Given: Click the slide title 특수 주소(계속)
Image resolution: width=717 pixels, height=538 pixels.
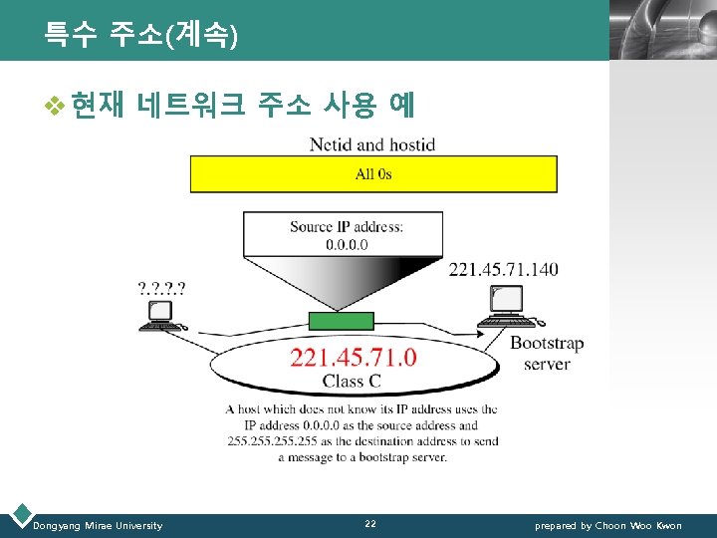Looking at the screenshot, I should click(x=140, y=36).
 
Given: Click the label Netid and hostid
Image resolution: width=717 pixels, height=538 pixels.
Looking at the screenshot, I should click(x=372, y=144).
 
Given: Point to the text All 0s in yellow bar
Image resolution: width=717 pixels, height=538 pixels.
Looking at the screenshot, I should click(x=373, y=173).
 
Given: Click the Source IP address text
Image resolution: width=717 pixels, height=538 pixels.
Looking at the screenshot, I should click(x=347, y=226).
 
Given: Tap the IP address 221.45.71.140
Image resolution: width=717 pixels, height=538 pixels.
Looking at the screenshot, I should click(x=503, y=269).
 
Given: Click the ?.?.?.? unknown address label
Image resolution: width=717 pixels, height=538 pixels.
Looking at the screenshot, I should click(x=161, y=289).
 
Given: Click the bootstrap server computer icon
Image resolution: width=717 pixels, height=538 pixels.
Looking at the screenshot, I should click(x=507, y=306).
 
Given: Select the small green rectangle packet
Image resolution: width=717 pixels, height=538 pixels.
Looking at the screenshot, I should click(x=341, y=321).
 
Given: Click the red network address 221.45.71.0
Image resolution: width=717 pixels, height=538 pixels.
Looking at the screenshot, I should click(x=354, y=358).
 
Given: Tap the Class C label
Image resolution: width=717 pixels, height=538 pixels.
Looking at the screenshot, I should click(x=351, y=381).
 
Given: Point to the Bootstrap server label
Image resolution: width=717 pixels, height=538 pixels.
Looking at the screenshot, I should click(x=546, y=354).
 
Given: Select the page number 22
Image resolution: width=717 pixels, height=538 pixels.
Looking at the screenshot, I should click(x=370, y=524).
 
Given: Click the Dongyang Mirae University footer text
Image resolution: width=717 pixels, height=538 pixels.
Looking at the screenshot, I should click(x=98, y=525).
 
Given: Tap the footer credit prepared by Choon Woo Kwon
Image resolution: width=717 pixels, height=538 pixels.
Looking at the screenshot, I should click(x=608, y=525).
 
